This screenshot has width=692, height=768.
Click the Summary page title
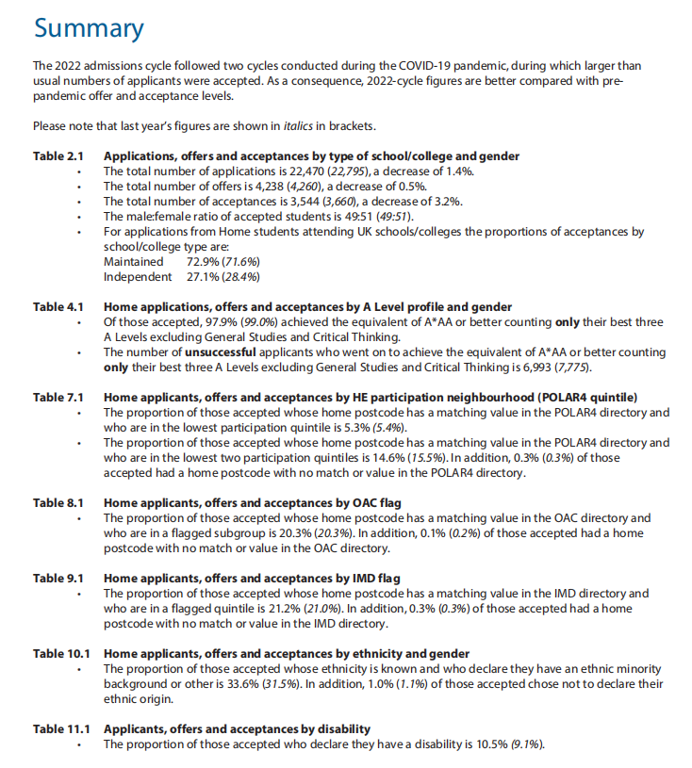tap(89, 27)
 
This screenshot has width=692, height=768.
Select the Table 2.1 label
tap(58, 156)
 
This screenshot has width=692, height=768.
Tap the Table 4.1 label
tap(58, 307)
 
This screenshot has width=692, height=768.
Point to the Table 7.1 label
tap(58, 398)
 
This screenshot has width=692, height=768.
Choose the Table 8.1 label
tap(58, 503)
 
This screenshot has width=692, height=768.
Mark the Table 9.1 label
tap(58, 579)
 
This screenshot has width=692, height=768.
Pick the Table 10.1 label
tap(61, 654)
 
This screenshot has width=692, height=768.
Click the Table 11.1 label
tap(61, 729)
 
